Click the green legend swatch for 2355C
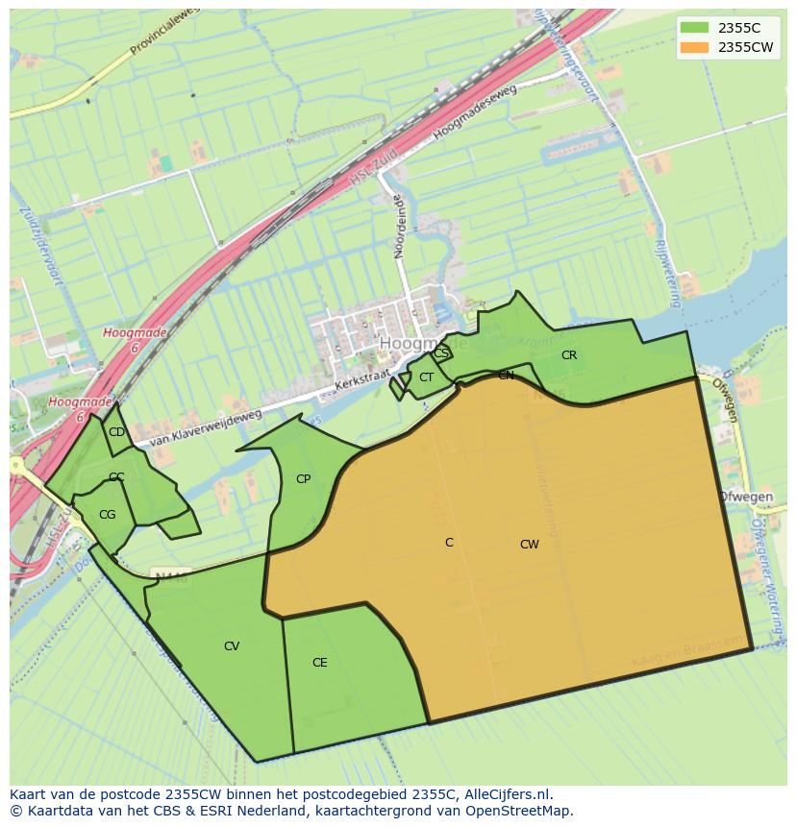coord(693,28)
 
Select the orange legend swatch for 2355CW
coord(693,47)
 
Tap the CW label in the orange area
coord(529,545)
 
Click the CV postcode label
coord(232,646)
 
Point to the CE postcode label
coord(320,663)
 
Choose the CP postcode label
coord(303,479)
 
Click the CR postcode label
coord(569,355)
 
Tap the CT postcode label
coord(426,377)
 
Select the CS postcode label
coord(440,353)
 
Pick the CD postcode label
coord(116,432)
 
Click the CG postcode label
coord(107,515)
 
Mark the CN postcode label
coord(506,376)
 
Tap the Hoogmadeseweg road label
coord(475,111)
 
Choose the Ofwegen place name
coord(746,497)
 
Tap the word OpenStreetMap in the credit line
coord(523,811)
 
